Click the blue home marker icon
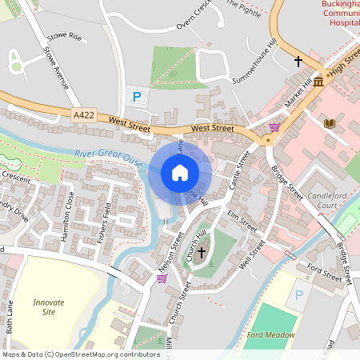(x=179, y=173)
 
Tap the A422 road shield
(x=84, y=116)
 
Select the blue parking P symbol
(x=137, y=97)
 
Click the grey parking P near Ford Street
(x=299, y=295)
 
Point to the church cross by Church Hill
(x=201, y=252)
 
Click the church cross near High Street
(x=298, y=61)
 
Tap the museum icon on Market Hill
(x=318, y=82)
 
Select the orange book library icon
(x=328, y=123)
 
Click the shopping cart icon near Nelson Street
(x=162, y=278)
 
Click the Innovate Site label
(x=49, y=308)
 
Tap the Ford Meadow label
(x=267, y=334)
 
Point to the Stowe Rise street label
(x=65, y=36)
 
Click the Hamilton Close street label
(x=69, y=210)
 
